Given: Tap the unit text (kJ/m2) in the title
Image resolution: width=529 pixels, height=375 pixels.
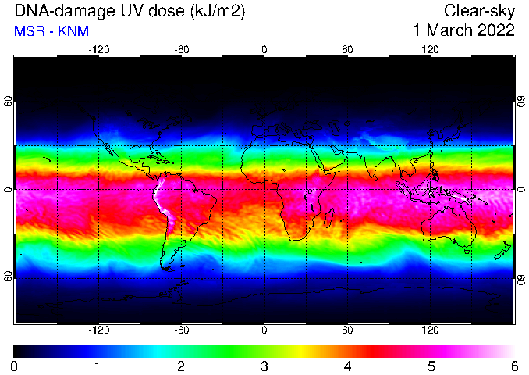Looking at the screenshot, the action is (218, 12).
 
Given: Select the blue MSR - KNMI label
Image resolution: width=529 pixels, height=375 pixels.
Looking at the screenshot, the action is (53, 31).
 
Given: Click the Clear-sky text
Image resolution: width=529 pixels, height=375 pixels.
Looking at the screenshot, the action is (479, 11).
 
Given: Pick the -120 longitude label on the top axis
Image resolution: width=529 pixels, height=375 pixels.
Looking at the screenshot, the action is (99, 50).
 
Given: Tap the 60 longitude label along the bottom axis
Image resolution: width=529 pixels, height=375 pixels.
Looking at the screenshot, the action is (347, 330).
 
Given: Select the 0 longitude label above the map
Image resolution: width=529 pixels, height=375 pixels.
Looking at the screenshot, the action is (264, 50).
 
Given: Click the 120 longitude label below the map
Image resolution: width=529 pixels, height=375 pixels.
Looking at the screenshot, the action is (430, 330).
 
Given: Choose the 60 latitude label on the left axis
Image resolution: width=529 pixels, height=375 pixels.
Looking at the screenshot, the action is (8, 101).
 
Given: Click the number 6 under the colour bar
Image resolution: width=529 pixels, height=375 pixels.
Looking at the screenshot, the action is (514, 366).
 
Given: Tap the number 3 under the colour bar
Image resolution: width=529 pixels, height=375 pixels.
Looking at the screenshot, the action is (264, 366).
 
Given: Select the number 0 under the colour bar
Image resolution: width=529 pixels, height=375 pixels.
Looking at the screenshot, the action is (14, 366).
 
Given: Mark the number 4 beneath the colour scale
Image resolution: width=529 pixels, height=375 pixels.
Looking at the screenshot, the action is (347, 366).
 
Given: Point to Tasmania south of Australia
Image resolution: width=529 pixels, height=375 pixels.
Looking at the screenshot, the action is (467, 252).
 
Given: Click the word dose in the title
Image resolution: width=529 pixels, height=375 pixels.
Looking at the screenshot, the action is (154, 11).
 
